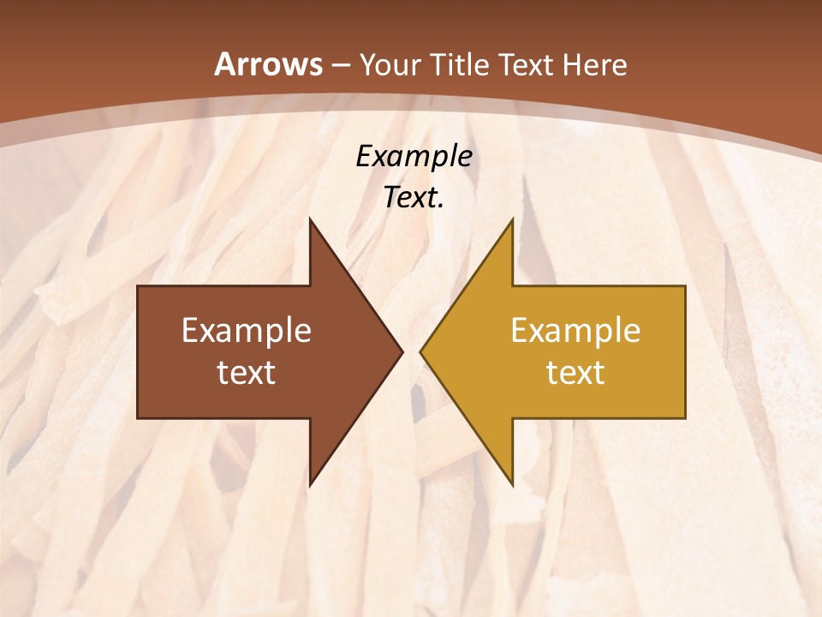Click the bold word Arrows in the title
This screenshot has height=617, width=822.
[268, 64]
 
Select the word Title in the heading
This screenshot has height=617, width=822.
[462, 65]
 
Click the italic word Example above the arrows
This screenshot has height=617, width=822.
[414, 157]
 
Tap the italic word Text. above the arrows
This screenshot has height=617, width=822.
[414, 198]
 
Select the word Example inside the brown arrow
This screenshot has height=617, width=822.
[247, 331]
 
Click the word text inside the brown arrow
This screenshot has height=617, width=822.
[247, 373]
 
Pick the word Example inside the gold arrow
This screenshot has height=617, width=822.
[575, 331]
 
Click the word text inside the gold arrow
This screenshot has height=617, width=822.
[575, 373]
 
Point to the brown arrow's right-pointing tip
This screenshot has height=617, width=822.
[402, 351]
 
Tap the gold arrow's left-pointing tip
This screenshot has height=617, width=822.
[420, 351]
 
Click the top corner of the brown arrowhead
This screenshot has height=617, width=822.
[310, 219]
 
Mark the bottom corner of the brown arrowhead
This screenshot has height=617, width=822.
[310, 485]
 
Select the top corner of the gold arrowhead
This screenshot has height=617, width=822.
[512, 219]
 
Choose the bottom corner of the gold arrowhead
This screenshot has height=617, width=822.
[512, 485]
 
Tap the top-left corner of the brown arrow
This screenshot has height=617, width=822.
[138, 286]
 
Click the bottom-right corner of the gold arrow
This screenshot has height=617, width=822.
[685, 417]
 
